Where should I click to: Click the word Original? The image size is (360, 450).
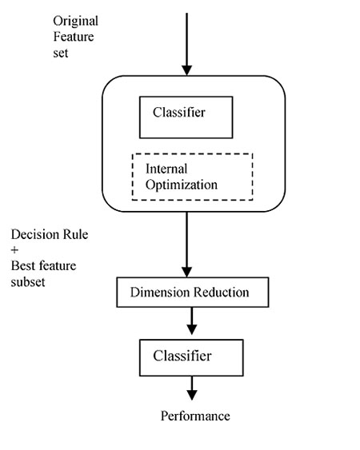tap(75, 22)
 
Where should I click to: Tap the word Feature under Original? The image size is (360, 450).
tap(74, 37)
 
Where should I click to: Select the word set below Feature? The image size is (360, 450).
tap(61, 53)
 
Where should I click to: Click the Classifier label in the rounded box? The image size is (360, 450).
tap(179, 112)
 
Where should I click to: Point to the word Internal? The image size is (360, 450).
tap(166, 169)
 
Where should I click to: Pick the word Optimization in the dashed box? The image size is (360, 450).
tap(182, 185)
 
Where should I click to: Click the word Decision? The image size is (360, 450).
tap(35, 234)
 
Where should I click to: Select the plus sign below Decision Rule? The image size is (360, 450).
tap(14, 250)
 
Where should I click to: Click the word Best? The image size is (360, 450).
tap(23, 265)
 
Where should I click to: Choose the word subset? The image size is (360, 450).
tap(28, 282)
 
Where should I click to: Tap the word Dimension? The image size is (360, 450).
tap(160, 293)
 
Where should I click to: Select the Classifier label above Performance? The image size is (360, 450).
tap(182, 356)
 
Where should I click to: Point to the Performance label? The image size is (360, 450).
tap(195, 416)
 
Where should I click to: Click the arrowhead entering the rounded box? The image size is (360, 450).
tap(186, 70)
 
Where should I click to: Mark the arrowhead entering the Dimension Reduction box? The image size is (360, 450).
tap(186, 272)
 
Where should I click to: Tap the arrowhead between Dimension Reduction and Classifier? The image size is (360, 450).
tap(192, 329)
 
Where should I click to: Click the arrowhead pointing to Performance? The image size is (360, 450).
tap(192, 395)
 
